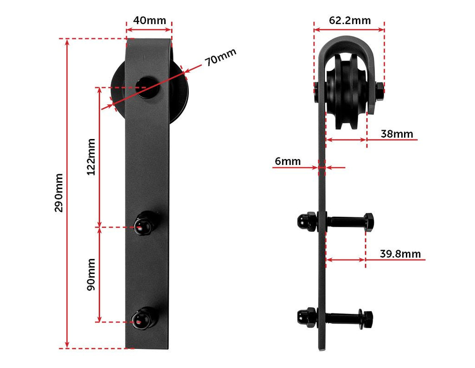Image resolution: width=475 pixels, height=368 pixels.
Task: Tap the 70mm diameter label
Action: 221,57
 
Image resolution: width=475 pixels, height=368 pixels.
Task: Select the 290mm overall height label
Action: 59,193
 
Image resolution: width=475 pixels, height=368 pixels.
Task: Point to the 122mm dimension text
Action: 91,156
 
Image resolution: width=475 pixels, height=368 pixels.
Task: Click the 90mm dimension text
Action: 91,274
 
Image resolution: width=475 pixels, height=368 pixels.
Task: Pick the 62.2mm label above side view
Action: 350,20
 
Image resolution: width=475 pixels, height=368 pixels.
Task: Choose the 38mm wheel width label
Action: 397,134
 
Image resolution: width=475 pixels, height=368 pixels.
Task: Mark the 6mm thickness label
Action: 288,161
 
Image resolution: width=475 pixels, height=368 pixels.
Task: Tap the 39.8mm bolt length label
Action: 400,254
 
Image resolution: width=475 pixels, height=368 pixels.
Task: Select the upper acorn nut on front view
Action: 144,224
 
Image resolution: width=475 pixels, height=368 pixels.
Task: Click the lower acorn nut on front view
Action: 143,318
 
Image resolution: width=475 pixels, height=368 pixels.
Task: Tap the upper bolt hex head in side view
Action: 369,222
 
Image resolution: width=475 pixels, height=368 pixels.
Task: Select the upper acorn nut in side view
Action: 305,222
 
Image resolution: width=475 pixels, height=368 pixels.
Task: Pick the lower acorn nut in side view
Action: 305,317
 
